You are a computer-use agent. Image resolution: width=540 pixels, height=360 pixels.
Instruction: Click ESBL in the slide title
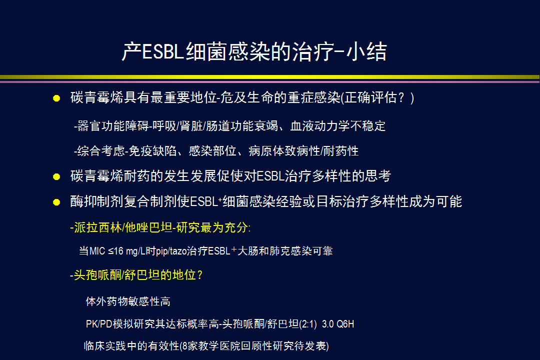(x=162, y=52)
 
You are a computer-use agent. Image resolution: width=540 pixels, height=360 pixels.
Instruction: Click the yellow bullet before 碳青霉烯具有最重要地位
(x=56, y=98)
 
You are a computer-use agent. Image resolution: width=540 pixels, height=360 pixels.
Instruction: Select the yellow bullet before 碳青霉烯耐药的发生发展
(x=56, y=176)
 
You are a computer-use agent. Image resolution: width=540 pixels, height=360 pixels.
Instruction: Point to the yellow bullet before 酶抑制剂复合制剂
(x=56, y=202)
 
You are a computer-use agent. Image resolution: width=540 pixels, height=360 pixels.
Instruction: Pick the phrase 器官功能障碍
(x=112, y=125)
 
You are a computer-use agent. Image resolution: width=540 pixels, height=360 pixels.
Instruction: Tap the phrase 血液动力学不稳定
(x=338, y=125)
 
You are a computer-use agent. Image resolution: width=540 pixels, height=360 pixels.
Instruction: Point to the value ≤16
(x=115, y=251)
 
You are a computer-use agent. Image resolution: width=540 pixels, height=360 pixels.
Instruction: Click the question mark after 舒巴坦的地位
(x=200, y=275)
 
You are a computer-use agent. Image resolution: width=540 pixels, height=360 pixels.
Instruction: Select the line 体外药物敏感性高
(x=128, y=301)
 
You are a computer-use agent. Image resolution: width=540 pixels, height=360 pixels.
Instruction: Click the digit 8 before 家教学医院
(x=185, y=346)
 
